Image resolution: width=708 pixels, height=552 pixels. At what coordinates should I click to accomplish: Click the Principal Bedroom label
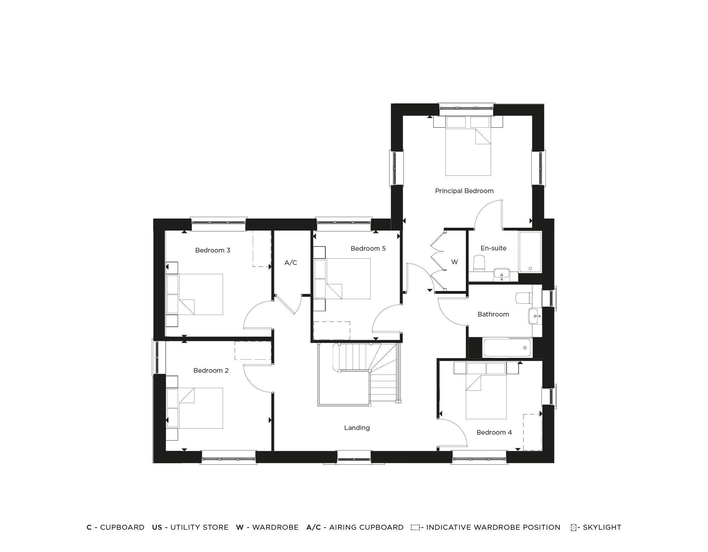[x=464, y=191]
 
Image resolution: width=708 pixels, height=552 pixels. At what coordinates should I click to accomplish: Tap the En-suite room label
[x=493, y=248]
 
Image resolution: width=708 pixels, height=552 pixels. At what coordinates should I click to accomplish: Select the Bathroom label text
[x=493, y=314]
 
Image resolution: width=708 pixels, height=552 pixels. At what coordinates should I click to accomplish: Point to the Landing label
[x=356, y=428]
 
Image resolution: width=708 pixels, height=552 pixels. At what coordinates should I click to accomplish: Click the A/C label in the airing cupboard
[x=291, y=263]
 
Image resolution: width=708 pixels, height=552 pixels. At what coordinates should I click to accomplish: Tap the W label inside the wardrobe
[x=455, y=262]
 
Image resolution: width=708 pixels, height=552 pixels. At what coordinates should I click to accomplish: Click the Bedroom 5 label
[x=368, y=249]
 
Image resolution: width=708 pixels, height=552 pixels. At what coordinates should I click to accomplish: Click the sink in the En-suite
[x=501, y=274]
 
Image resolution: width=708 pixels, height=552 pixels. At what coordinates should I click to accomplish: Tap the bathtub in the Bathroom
[x=507, y=348]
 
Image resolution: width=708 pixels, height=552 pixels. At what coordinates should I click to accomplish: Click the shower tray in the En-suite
[x=530, y=252]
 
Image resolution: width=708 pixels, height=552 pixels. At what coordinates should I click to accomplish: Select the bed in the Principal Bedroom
[x=468, y=152]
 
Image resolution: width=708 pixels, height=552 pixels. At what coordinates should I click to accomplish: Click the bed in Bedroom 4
[x=486, y=397]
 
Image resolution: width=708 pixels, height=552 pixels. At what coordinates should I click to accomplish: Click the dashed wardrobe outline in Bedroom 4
[x=532, y=432]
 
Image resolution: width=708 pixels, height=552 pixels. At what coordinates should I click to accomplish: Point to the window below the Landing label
[x=354, y=457]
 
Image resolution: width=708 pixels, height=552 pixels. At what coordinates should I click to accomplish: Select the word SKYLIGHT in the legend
[x=602, y=527]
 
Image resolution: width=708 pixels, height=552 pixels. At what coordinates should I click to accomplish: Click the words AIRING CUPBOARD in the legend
[x=366, y=527]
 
